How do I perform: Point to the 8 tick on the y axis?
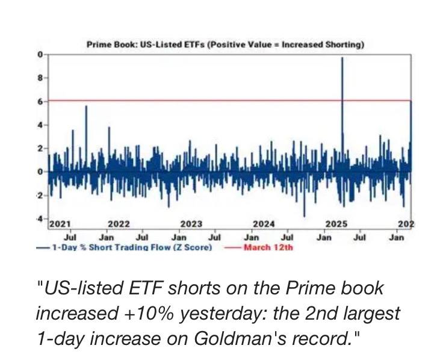40,78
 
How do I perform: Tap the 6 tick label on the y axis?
40,101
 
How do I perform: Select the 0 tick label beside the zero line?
40,172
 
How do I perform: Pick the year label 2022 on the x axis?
119,224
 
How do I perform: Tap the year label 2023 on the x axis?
191,224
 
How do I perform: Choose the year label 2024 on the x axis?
264,224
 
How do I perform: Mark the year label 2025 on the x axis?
336,224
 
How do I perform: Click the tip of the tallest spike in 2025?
342,58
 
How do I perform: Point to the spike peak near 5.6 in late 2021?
86,106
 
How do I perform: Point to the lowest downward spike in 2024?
305,216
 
